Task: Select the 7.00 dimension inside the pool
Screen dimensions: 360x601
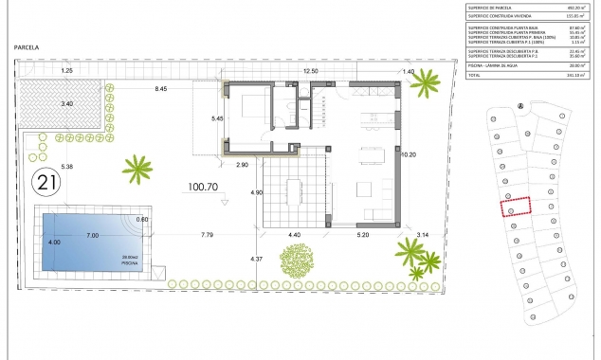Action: click(93, 234)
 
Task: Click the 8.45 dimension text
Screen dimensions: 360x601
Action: click(161, 88)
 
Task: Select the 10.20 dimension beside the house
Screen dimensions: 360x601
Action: click(410, 154)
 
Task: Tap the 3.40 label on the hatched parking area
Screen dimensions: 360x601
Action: click(66, 103)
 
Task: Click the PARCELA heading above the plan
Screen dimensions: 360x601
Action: click(27, 46)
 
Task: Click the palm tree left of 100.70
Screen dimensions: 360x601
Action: click(138, 171)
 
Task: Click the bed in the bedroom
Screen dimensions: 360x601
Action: click(248, 113)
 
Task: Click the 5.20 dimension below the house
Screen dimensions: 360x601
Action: click(362, 234)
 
